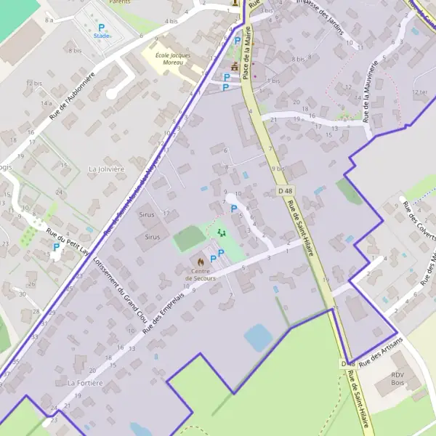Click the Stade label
tap(102, 36)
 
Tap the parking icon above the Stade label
tap(102, 28)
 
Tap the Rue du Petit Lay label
tap(67, 240)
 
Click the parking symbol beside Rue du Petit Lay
tap(56, 247)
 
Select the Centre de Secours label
tap(200, 275)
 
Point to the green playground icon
tap(222, 232)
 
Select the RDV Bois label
tap(397, 378)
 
